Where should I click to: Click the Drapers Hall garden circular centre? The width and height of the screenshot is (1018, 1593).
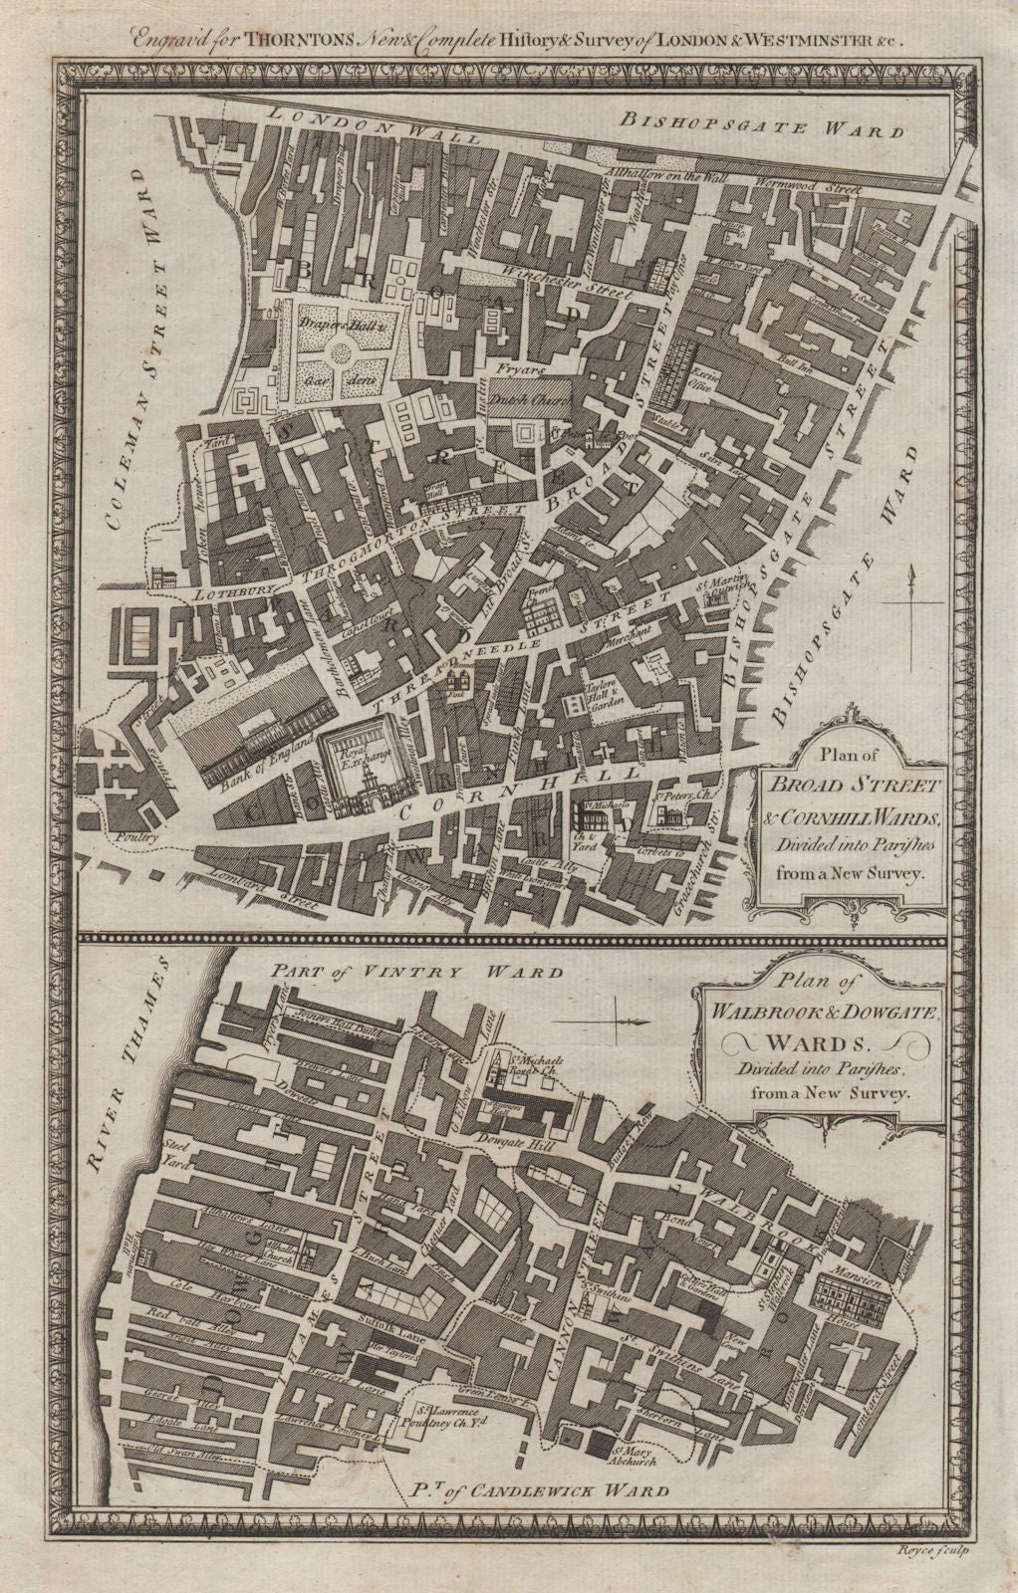[x=342, y=349]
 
